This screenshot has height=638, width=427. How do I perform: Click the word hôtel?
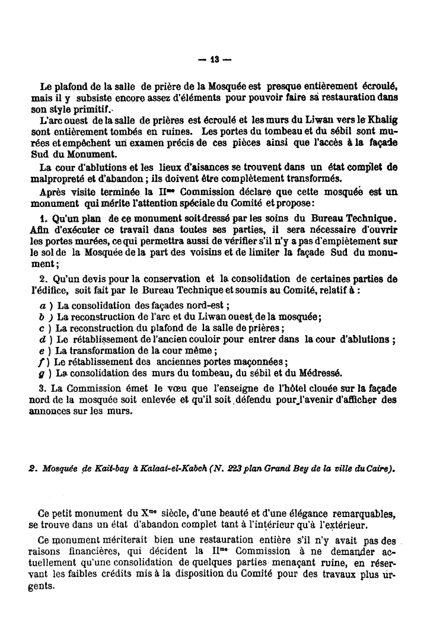(x=291, y=389)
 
